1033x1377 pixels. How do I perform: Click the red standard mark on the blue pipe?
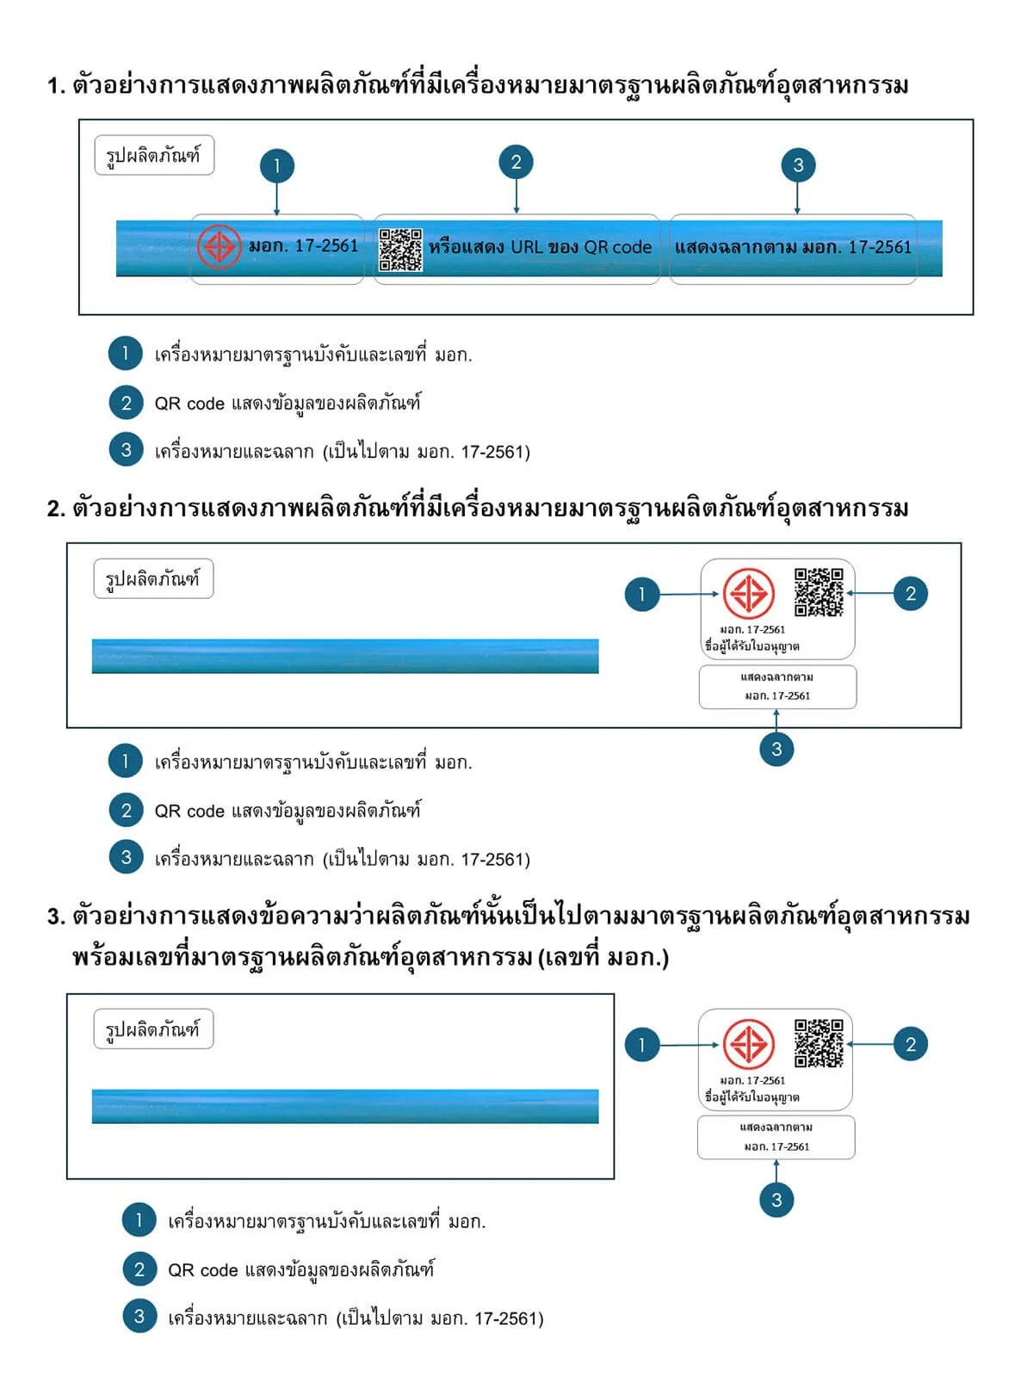click(x=219, y=246)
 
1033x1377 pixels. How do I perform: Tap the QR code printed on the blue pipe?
click(x=400, y=250)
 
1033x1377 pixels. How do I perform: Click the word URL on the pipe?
click(x=526, y=246)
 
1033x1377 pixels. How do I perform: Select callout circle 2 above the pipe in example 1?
click(x=516, y=162)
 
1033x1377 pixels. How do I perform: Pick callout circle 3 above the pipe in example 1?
click(x=797, y=164)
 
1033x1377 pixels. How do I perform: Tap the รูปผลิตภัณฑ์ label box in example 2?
click(x=153, y=577)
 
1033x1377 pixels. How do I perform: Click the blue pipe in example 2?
click(x=345, y=656)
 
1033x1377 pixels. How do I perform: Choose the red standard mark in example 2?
click(x=748, y=593)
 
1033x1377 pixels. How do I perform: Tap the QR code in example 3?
click(x=819, y=1042)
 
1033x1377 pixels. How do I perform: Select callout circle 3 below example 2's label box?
click(x=776, y=749)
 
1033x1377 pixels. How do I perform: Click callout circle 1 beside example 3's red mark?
click(x=641, y=1044)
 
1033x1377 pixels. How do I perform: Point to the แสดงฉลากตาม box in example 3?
click(x=776, y=1137)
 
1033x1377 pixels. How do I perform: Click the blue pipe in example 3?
click(x=345, y=1106)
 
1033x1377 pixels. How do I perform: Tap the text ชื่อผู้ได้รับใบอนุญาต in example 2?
click(x=752, y=645)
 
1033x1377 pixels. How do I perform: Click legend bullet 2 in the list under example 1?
click(x=126, y=402)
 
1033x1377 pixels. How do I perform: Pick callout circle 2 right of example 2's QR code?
click(x=910, y=593)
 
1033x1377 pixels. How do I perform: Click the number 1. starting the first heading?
click(x=57, y=86)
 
